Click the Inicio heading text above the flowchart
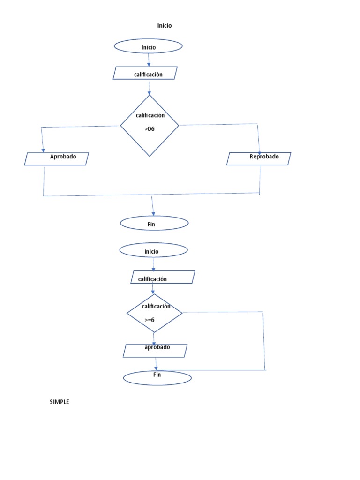165,26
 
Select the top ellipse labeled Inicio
148,46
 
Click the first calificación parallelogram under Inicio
145,73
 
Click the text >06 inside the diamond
150,128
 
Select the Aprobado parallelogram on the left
56,159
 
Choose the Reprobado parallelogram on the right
259,159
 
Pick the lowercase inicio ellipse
153,250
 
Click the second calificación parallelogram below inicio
163,277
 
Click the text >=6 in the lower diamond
150,320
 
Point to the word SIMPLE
60,402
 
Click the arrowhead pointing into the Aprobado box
42,150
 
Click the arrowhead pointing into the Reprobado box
259,150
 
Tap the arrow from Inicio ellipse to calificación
149,60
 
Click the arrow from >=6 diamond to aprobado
154,338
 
